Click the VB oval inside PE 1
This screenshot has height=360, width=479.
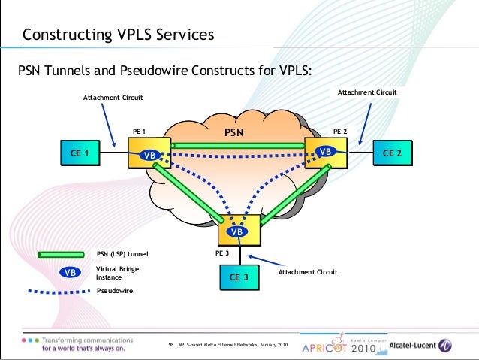tap(149, 156)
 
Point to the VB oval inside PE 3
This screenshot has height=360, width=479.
tap(237, 232)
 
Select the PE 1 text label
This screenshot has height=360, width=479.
tap(138, 131)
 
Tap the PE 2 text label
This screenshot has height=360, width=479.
tap(340, 131)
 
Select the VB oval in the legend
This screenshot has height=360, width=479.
tap(69, 272)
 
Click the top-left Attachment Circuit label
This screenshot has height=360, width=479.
tap(113, 98)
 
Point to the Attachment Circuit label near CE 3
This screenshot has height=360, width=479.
tap(308, 271)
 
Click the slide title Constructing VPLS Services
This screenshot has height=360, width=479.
tap(118, 35)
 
